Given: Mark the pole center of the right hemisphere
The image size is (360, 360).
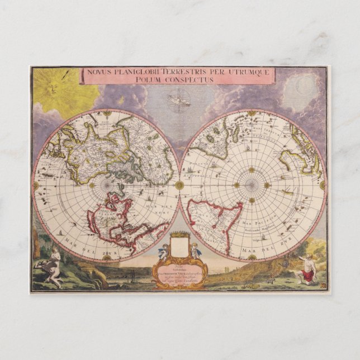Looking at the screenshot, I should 252,184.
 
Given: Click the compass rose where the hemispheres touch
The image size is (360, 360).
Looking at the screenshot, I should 179,184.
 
